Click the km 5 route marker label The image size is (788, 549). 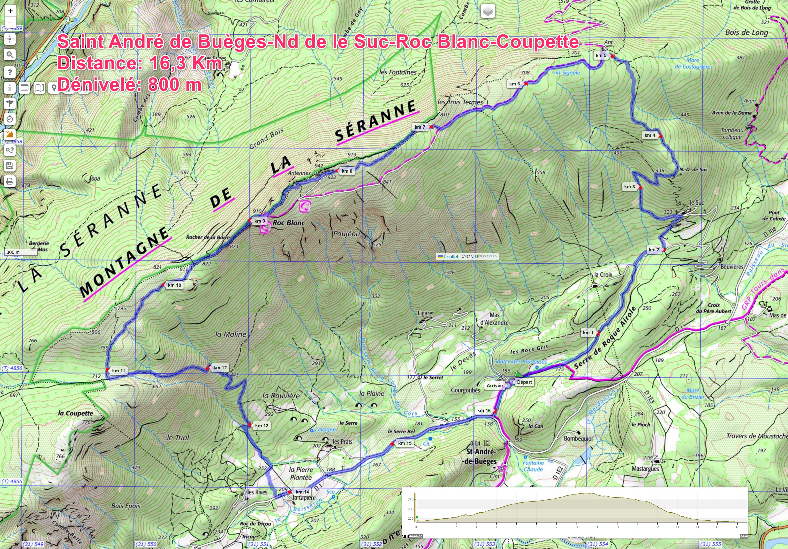(601, 55)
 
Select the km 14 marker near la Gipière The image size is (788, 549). (302, 492)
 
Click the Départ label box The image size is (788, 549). (524, 382)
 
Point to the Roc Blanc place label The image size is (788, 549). (289, 223)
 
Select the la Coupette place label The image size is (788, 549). (75, 413)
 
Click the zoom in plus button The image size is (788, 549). (11, 11)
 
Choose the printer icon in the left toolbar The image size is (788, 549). (10, 181)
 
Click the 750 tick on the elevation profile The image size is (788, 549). (411, 500)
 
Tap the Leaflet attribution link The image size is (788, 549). (451, 257)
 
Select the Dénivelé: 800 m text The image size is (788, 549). (129, 84)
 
